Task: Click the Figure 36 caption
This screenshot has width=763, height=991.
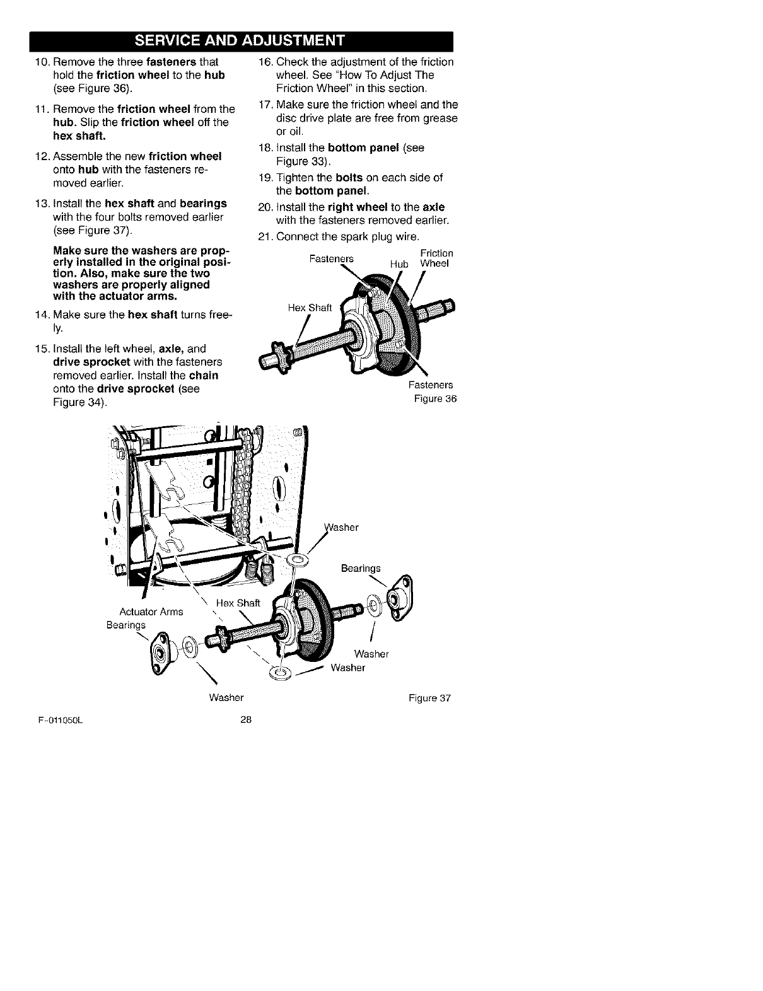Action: pyautogui.click(x=434, y=399)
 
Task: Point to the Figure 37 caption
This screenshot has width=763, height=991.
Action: pyautogui.click(x=429, y=698)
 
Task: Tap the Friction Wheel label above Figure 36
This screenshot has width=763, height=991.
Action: pyautogui.click(x=435, y=258)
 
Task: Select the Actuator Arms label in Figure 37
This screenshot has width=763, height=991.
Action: pyautogui.click(x=151, y=611)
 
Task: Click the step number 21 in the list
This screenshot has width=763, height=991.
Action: pyautogui.click(x=265, y=237)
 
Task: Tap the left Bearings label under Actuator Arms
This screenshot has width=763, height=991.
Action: pyautogui.click(x=126, y=625)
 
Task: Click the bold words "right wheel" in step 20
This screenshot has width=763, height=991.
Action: pyautogui.click(x=354, y=207)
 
